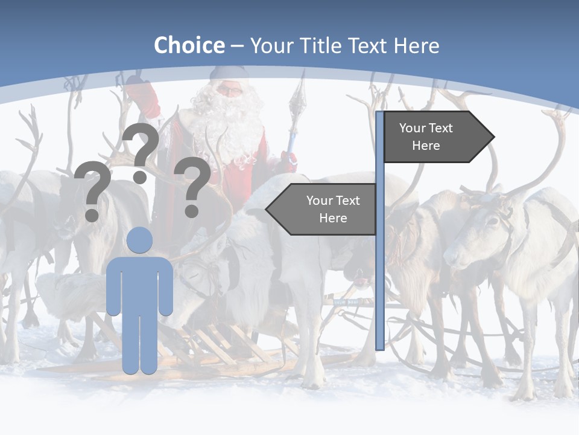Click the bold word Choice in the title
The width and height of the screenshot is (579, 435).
189,45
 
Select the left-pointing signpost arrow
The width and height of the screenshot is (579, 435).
323,210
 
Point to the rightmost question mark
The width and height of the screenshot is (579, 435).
192,186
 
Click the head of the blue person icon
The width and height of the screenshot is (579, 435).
139,240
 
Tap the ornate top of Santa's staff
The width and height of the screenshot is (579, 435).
297,97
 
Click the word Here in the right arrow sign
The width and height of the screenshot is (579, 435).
426,146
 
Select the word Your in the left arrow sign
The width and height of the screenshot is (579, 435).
320,201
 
